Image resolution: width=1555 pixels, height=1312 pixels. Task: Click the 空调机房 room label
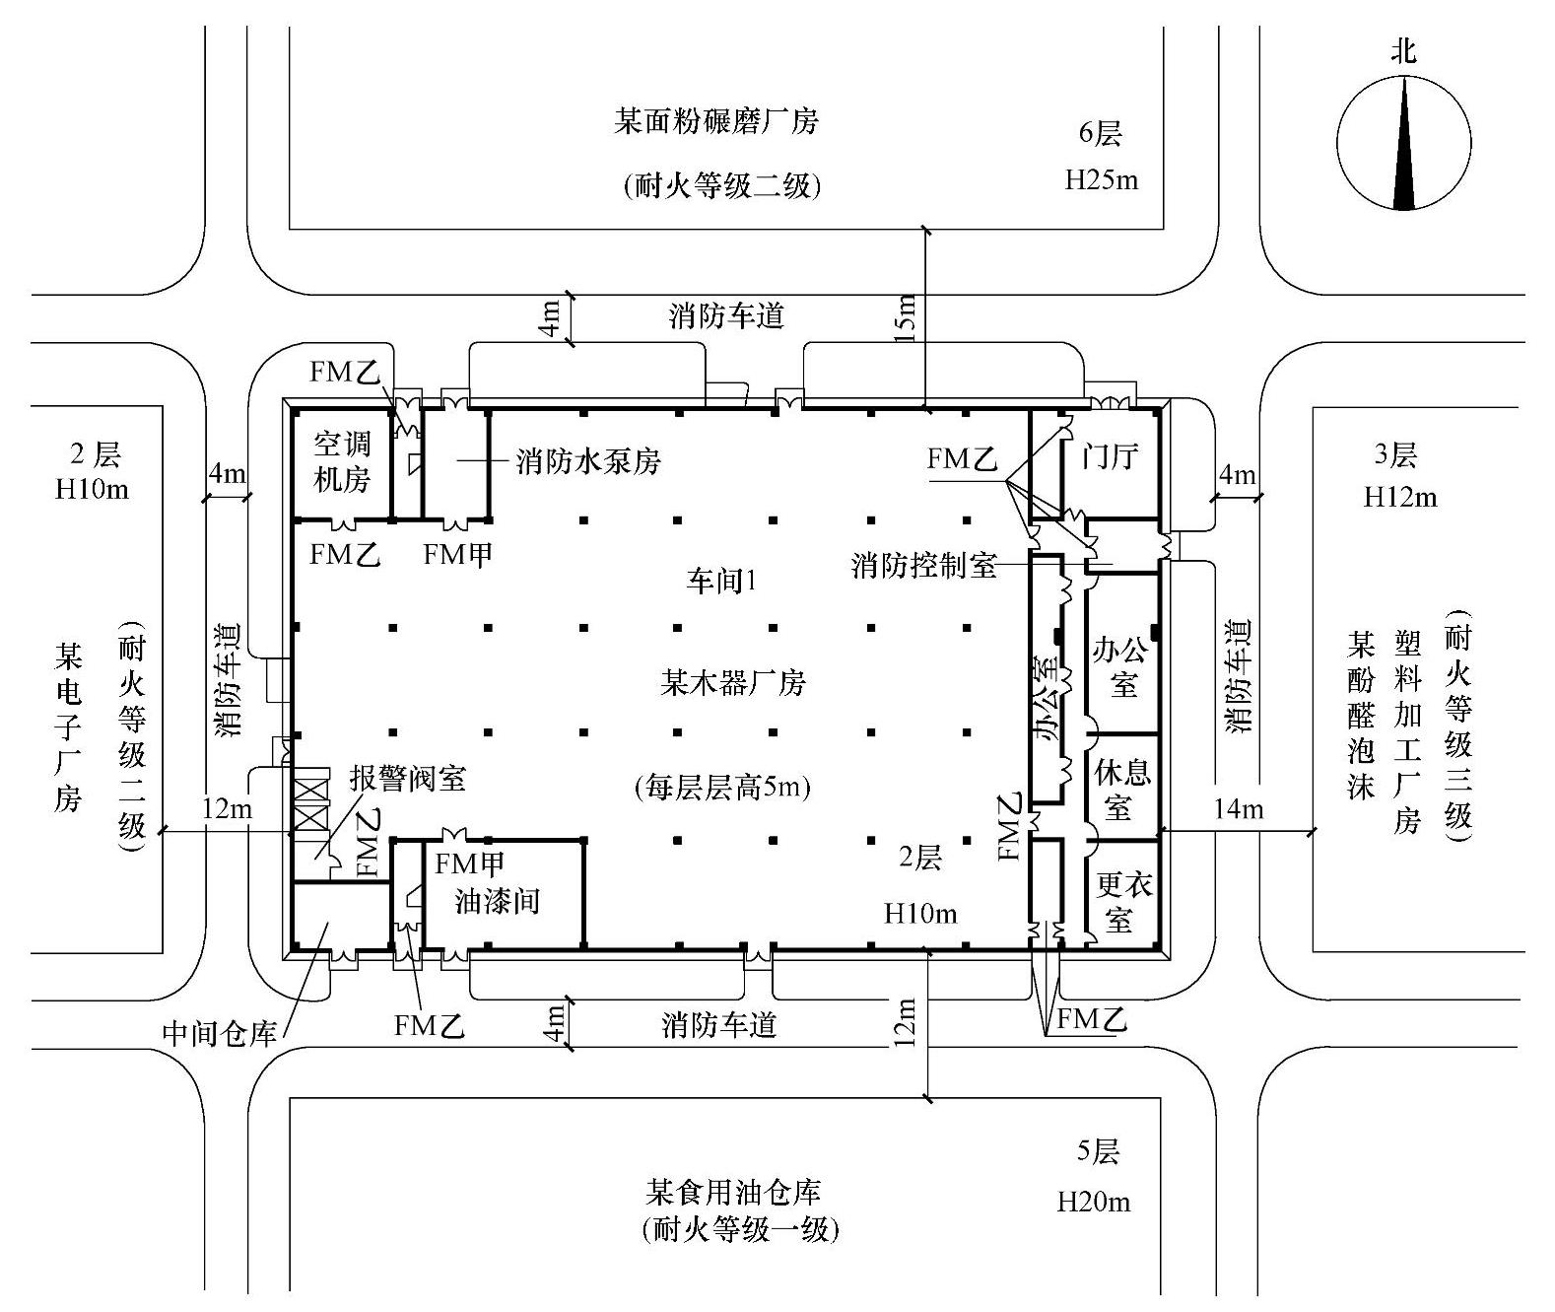point(341,461)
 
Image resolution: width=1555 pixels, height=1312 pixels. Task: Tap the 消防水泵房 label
point(587,461)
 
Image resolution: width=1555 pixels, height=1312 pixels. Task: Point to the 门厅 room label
point(1110,456)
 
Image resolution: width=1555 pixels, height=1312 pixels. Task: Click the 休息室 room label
point(1122,790)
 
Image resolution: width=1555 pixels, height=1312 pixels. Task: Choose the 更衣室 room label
point(1124,902)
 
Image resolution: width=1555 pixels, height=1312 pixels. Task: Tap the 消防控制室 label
point(924,566)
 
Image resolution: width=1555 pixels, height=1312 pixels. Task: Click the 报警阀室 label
point(408,779)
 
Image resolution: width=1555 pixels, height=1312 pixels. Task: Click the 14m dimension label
point(1238,809)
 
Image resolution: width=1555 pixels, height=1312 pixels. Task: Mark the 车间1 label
point(721,581)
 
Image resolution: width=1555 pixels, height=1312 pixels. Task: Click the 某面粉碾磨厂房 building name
point(716,122)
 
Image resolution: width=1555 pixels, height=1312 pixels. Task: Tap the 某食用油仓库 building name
point(733,1193)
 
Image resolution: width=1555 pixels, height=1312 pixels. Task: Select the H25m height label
point(1102,180)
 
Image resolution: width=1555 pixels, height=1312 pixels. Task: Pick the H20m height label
point(1094,1202)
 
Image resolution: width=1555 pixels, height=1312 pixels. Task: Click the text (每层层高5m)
point(723,787)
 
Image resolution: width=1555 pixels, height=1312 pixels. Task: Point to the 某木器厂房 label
point(732,682)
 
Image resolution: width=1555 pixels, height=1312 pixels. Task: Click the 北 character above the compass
point(1403,51)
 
